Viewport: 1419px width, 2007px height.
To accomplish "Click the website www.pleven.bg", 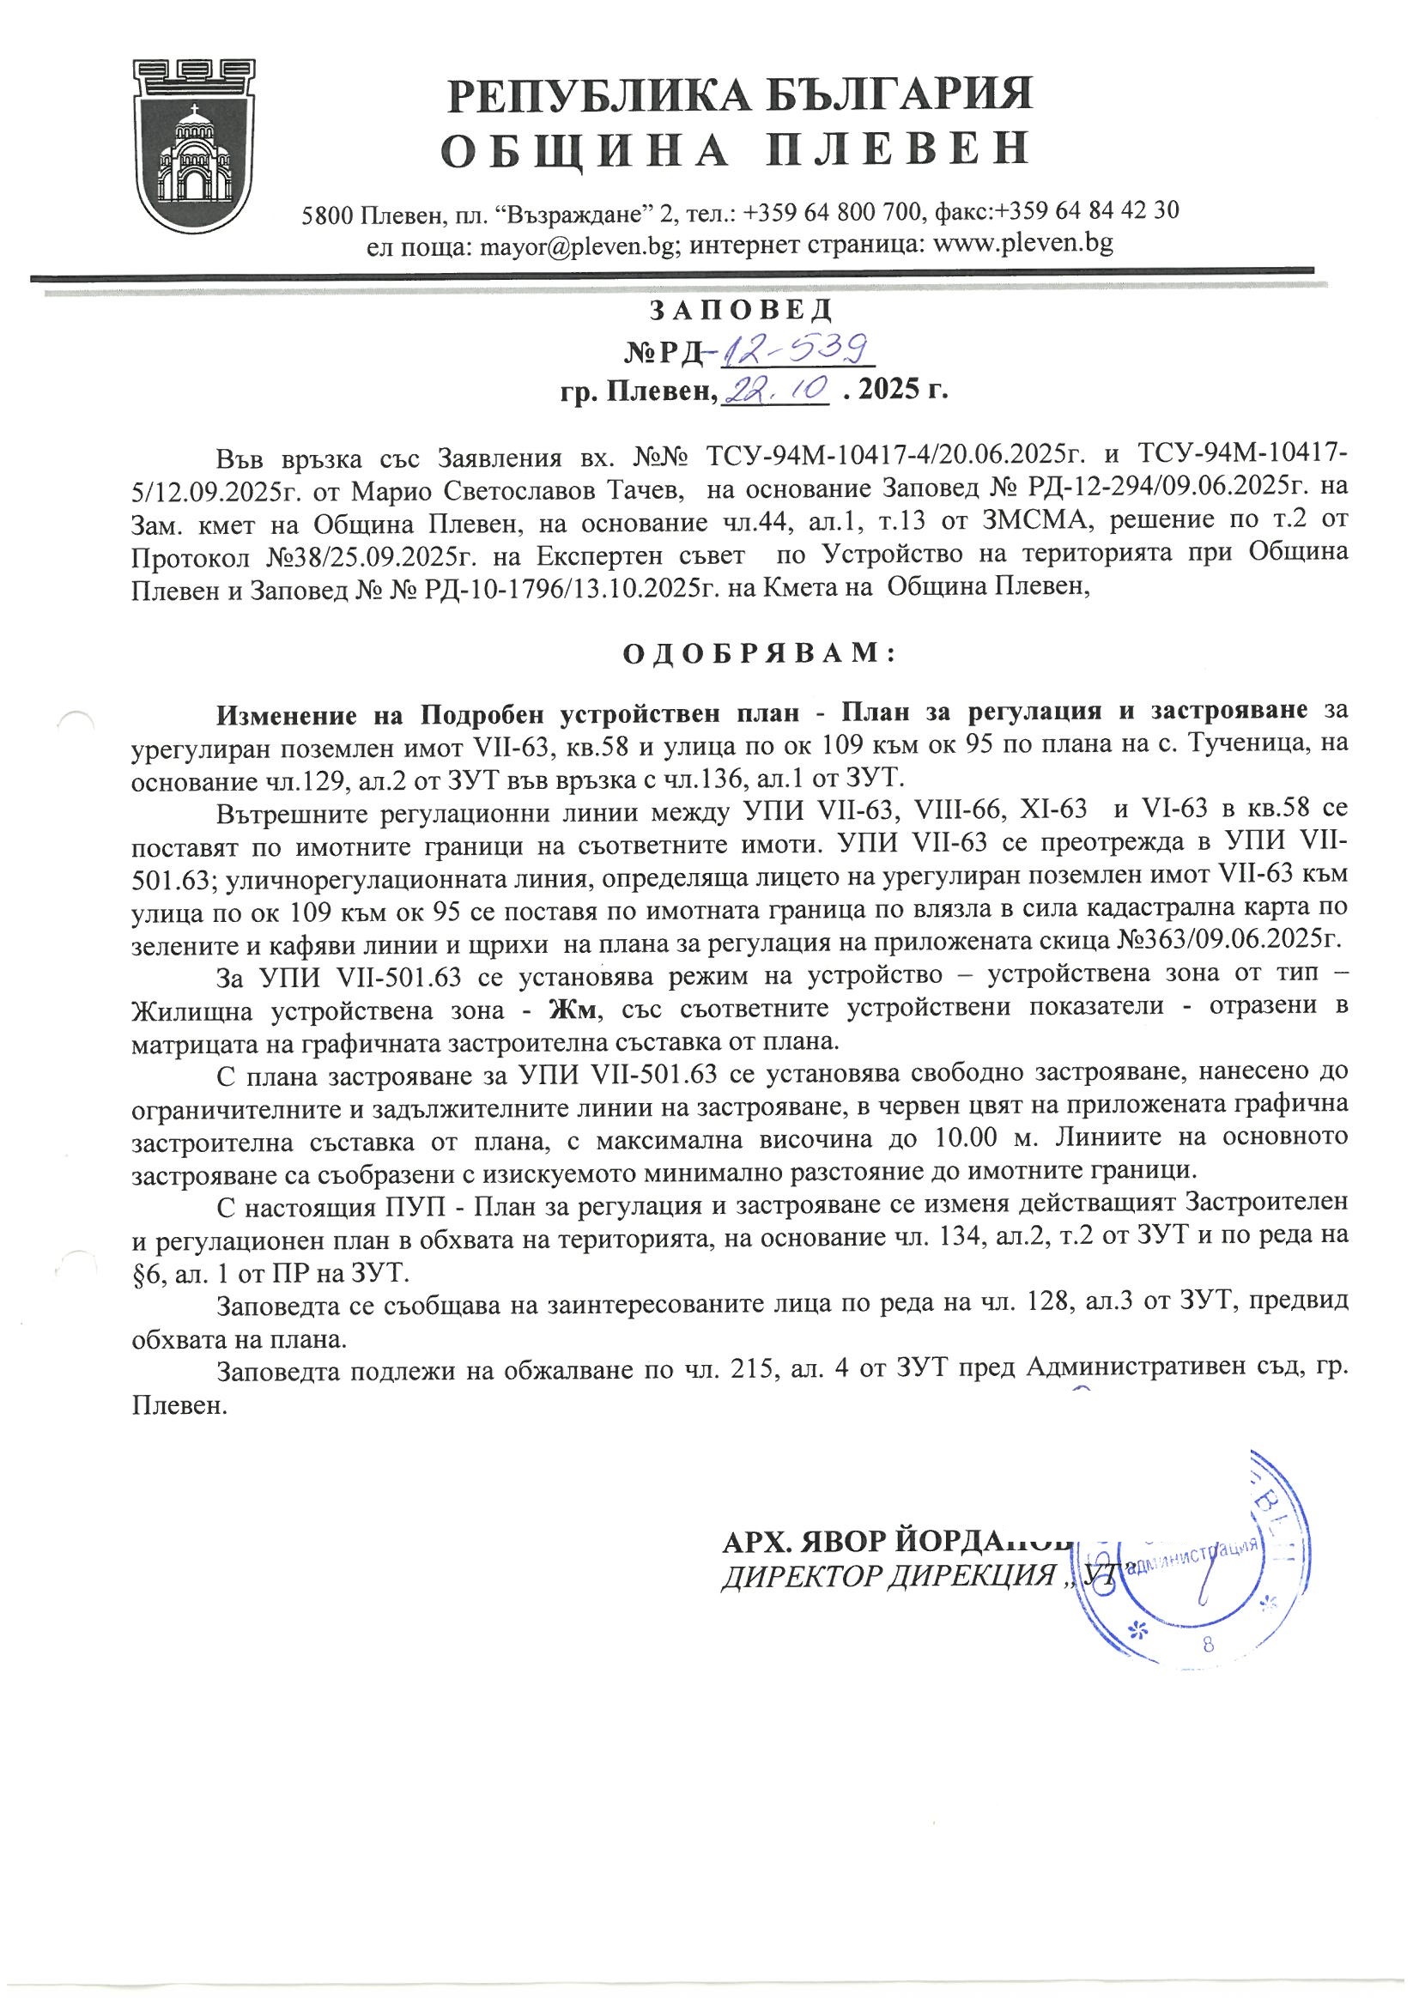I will pos(1023,244).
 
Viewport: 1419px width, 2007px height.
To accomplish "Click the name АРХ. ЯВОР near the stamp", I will pos(799,1540).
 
